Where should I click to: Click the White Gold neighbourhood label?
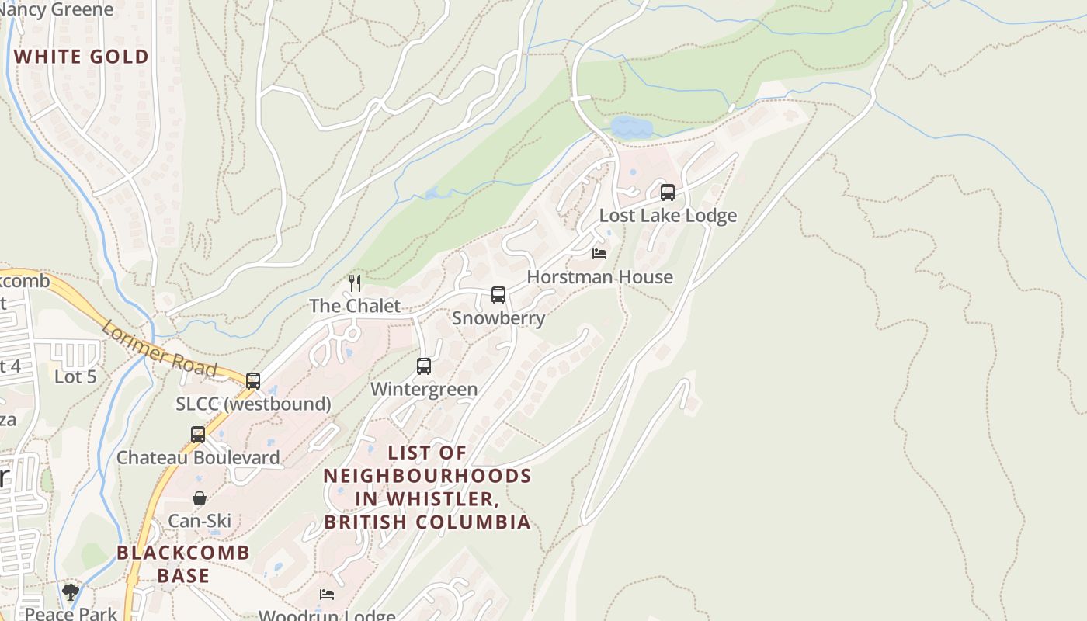(82, 57)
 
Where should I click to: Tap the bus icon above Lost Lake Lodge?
(667, 193)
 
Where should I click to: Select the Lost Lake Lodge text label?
(668, 216)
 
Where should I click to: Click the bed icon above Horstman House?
(599, 254)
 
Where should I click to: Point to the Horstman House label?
(599, 277)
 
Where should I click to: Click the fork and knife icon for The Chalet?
(355, 283)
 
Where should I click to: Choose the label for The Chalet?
(355, 306)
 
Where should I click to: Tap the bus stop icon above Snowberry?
(498, 295)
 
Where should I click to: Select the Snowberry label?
(498, 318)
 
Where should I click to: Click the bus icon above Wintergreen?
(424, 366)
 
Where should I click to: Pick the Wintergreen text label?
(424, 389)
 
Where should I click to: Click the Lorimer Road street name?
(158, 349)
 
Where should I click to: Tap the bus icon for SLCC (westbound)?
(253, 381)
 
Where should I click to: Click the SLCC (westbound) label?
(253, 404)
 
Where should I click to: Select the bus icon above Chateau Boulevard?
(198, 435)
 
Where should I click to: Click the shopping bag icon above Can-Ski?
(200, 498)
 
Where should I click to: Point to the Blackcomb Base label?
(183, 564)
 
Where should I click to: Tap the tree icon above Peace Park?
(71, 593)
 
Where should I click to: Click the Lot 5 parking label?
(75, 377)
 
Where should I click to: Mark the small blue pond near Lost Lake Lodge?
(630, 127)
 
